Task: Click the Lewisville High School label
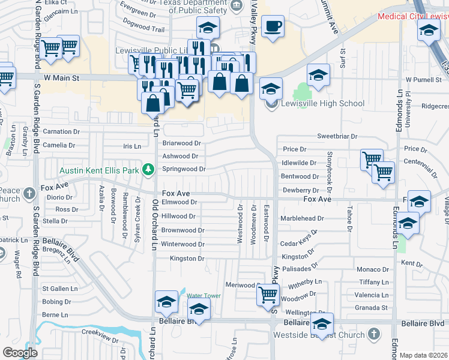click(322, 103)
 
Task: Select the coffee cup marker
click(273, 26)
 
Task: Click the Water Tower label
click(203, 296)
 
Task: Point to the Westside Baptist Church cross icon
click(373, 334)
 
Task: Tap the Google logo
click(20, 353)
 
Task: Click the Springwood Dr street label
click(184, 169)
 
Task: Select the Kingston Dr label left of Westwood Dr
click(187, 259)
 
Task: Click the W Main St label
click(62, 78)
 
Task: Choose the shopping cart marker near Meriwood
click(267, 295)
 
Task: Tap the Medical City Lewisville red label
click(413, 16)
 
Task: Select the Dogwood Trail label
click(143, 29)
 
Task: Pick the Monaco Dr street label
click(373, 269)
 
